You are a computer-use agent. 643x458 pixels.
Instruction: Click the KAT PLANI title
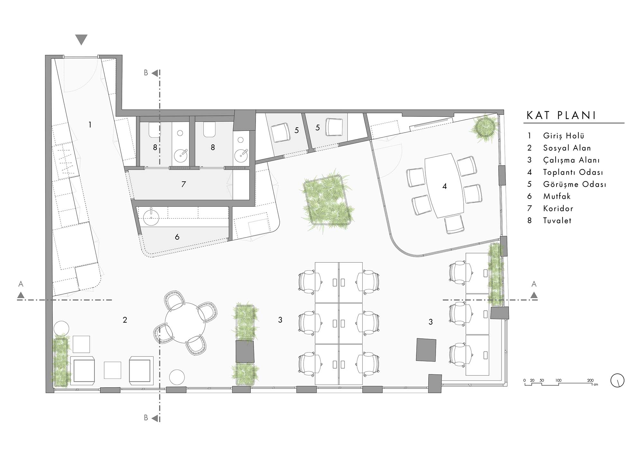(x=561, y=115)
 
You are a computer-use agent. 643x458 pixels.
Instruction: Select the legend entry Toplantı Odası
(x=573, y=172)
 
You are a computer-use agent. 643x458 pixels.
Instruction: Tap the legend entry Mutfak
(x=557, y=196)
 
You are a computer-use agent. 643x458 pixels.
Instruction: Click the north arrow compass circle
(x=617, y=380)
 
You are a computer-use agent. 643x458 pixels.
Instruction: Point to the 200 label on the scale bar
(x=590, y=380)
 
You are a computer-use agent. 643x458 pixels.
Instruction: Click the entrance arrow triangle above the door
(x=81, y=40)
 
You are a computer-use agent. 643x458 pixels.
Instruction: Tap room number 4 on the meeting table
(x=445, y=186)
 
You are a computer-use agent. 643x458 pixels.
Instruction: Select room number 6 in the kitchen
(x=177, y=237)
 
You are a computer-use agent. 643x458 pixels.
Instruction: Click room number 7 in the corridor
(x=184, y=184)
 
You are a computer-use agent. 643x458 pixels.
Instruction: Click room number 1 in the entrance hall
(x=90, y=124)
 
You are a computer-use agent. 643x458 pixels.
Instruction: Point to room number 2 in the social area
(x=125, y=320)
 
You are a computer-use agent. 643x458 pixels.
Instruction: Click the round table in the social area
(x=185, y=323)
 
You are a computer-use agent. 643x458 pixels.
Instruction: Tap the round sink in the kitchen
(x=151, y=216)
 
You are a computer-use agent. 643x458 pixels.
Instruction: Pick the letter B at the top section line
(x=146, y=73)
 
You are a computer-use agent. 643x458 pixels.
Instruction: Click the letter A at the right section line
(x=534, y=284)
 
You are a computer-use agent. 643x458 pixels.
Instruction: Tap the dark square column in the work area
(x=426, y=350)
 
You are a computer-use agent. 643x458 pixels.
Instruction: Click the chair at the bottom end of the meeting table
(x=455, y=224)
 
